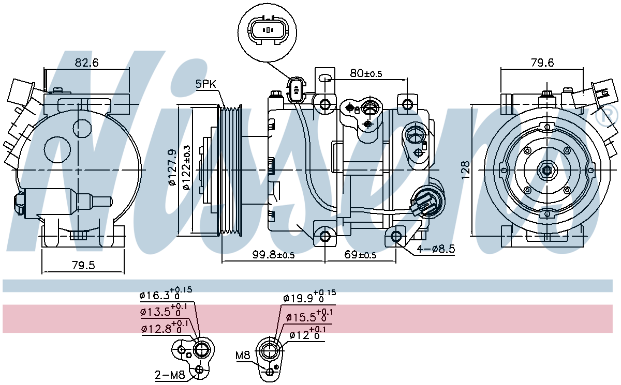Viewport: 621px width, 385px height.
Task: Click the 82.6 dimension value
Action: pyautogui.click(x=87, y=63)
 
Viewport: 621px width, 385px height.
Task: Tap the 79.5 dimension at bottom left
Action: pyautogui.click(x=83, y=266)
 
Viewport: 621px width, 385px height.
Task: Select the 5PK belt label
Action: pyautogui.click(x=206, y=84)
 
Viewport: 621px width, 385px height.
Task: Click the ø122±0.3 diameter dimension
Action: pyautogui.click(x=186, y=168)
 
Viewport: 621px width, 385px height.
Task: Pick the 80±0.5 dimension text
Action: pyautogui.click(x=365, y=73)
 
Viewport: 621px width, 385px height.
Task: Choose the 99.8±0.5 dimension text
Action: pyautogui.click(x=273, y=255)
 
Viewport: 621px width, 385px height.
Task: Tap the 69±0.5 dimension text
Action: pyautogui.click(x=360, y=255)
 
